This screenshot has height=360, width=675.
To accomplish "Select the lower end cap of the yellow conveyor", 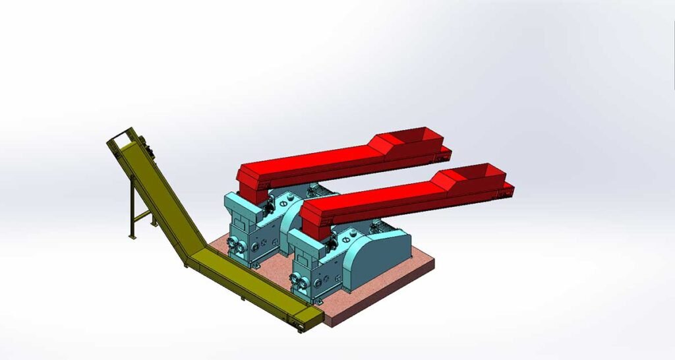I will [308, 321].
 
